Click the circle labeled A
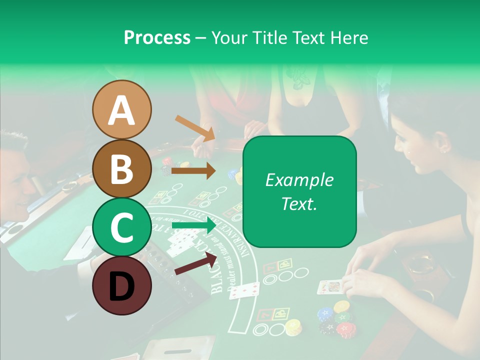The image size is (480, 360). click(x=121, y=109)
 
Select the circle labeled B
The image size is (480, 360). click(x=121, y=168)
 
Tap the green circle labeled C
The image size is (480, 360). click(x=121, y=227)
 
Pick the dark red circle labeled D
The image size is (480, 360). click(x=121, y=285)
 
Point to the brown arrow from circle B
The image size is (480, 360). click(x=193, y=171)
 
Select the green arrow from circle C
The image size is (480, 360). click(x=193, y=226)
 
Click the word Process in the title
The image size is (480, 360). click(x=157, y=37)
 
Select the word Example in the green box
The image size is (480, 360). click(x=299, y=180)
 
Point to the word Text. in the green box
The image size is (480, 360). click(x=299, y=203)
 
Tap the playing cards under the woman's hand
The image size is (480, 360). click(x=330, y=286)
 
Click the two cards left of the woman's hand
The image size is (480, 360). click(x=244, y=290)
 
